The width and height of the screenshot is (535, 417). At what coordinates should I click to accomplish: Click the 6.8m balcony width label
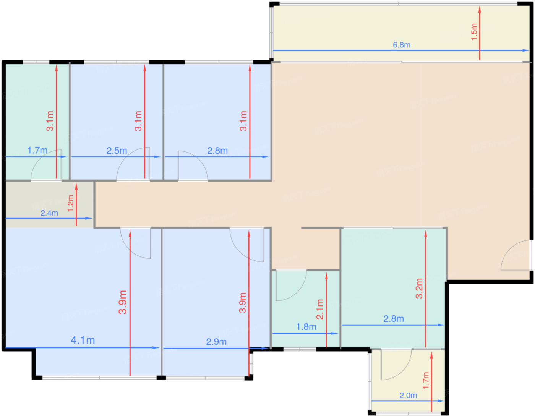click(401, 45)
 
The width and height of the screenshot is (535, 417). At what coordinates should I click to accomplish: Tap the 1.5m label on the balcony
click(474, 32)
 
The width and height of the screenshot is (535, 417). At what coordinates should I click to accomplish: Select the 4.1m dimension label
click(83, 340)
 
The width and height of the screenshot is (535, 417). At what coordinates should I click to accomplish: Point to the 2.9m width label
click(216, 342)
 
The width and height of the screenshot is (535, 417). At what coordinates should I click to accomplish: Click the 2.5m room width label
click(117, 151)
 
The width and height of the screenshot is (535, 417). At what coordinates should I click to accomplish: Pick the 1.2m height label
click(70, 203)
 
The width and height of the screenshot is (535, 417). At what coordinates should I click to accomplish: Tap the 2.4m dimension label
click(49, 213)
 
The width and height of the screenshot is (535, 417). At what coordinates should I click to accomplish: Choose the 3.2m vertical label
click(419, 288)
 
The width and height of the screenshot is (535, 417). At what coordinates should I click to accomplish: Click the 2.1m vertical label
click(319, 310)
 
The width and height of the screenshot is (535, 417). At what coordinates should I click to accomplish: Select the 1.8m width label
click(306, 327)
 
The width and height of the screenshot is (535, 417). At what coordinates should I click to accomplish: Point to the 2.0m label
click(408, 396)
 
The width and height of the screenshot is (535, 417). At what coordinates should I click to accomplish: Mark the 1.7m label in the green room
click(37, 151)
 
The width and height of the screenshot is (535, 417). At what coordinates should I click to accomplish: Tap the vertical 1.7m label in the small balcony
click(426, 381)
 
